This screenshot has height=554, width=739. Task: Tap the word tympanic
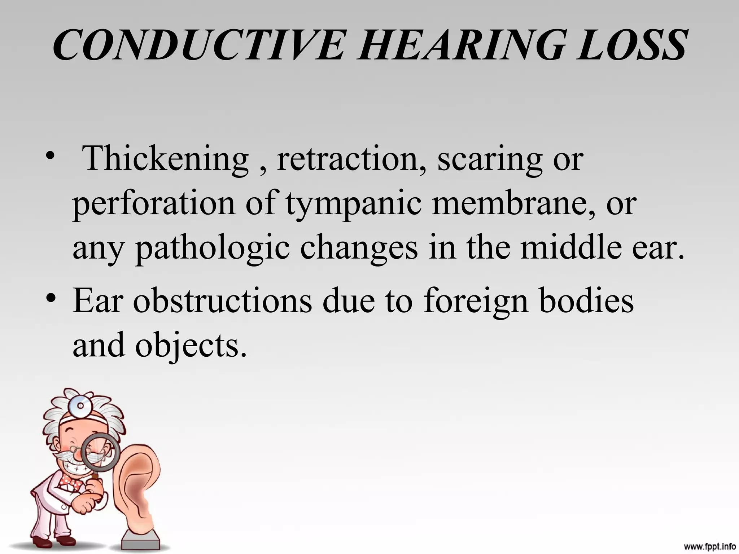(354, 204)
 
